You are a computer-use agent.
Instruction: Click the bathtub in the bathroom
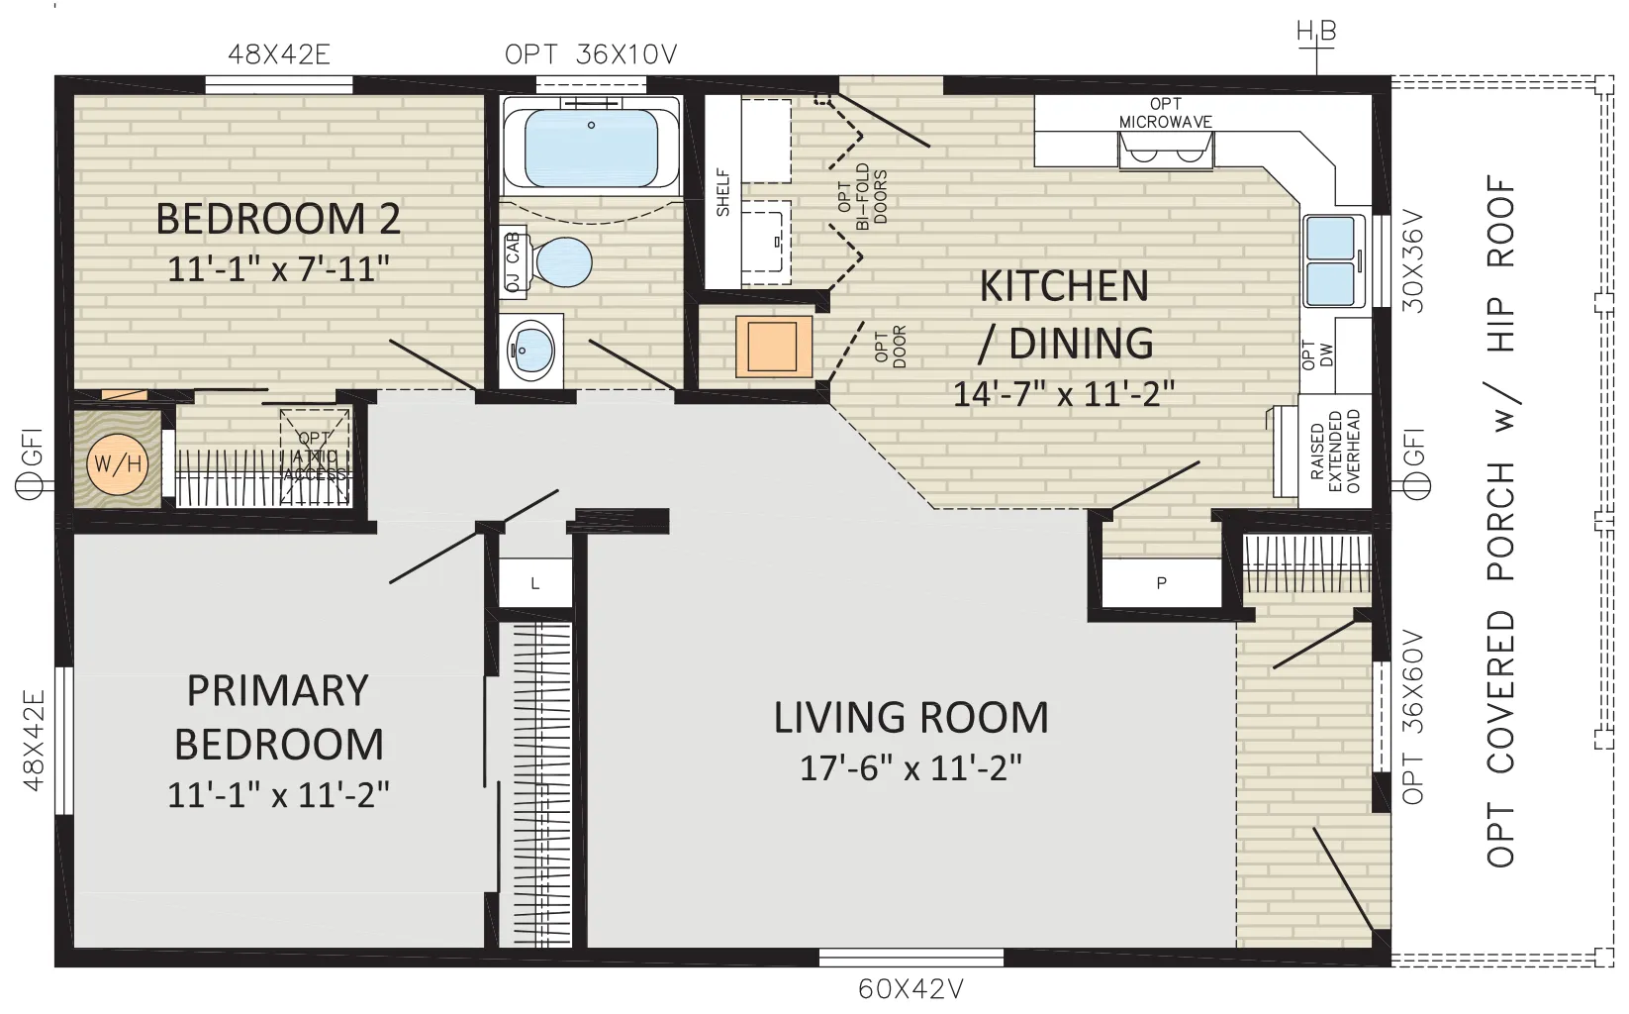591,147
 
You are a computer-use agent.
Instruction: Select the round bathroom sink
530,352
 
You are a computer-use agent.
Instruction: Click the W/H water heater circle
117,464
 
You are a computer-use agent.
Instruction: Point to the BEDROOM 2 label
278,218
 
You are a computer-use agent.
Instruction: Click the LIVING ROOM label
910,717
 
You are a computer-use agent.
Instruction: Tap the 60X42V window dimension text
910,989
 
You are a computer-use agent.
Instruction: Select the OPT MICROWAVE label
1165,114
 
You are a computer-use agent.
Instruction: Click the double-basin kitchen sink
1334,260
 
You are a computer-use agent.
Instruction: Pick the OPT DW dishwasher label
1317,355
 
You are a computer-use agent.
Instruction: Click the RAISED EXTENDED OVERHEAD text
1335,452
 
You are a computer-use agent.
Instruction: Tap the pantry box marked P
1162,582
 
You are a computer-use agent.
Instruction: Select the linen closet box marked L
534,582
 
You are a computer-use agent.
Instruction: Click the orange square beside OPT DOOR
774,347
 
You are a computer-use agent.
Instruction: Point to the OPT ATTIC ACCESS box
314,456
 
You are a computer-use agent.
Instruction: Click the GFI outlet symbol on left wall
29,484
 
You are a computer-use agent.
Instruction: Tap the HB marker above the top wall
1316,32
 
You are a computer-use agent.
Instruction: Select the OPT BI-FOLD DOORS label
862,196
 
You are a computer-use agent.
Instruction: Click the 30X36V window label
1412,261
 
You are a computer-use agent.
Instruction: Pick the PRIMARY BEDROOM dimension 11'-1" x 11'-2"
278,794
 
